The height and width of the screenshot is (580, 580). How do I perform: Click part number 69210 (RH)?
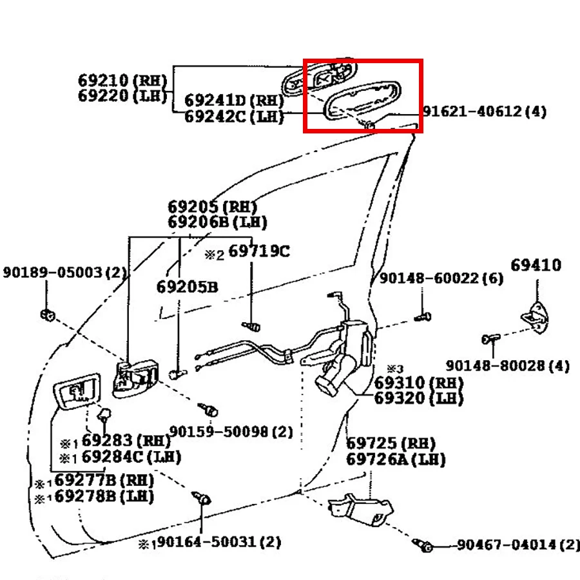(x=122, y=80)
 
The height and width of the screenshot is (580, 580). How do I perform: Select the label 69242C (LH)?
(x=234, y=117)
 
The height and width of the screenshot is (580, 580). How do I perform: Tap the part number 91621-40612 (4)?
(x=485, y=111)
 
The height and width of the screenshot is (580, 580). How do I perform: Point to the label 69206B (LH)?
(x=217, y=222)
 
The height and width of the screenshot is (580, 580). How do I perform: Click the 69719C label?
(x=259, y=251)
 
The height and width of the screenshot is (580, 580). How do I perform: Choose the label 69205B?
(x=187, y=287)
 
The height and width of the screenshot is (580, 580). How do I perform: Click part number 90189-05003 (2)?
(x=64, y=272)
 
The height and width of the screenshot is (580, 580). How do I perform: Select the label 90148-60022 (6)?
(x=441, y=278)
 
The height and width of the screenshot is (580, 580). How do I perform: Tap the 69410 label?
(x=536, y=266)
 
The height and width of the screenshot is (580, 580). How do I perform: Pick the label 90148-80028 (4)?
(x=508, y=366)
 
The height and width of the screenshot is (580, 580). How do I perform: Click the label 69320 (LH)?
(x=419, y=398)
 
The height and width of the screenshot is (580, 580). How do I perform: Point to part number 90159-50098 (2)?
(x=231, y=431)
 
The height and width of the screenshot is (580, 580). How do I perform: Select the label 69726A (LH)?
(x=396, y=459)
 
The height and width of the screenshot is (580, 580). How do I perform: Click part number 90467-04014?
(x=507, y=545)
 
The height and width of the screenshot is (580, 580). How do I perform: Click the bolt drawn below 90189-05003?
(x=48, y=316)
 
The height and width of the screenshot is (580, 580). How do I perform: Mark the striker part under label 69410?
(x=536, y=317)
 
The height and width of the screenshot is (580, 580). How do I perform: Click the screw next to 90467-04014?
(x=423, y=545)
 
